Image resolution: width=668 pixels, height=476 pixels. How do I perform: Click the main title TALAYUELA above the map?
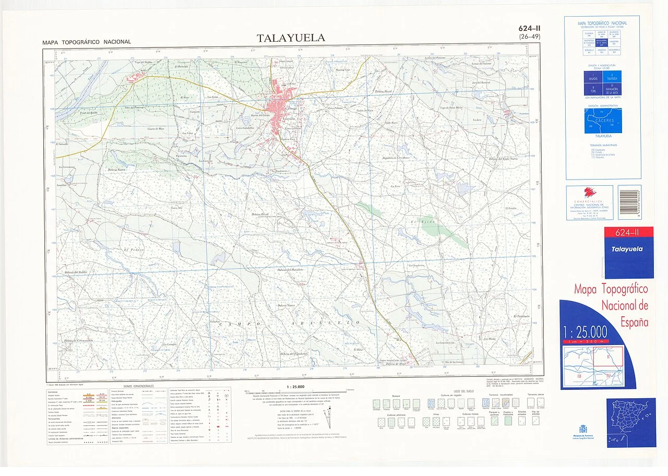291,38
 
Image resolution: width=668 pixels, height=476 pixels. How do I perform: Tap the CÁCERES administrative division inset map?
603,121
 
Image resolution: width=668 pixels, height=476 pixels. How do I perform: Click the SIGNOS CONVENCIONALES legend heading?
138,386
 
